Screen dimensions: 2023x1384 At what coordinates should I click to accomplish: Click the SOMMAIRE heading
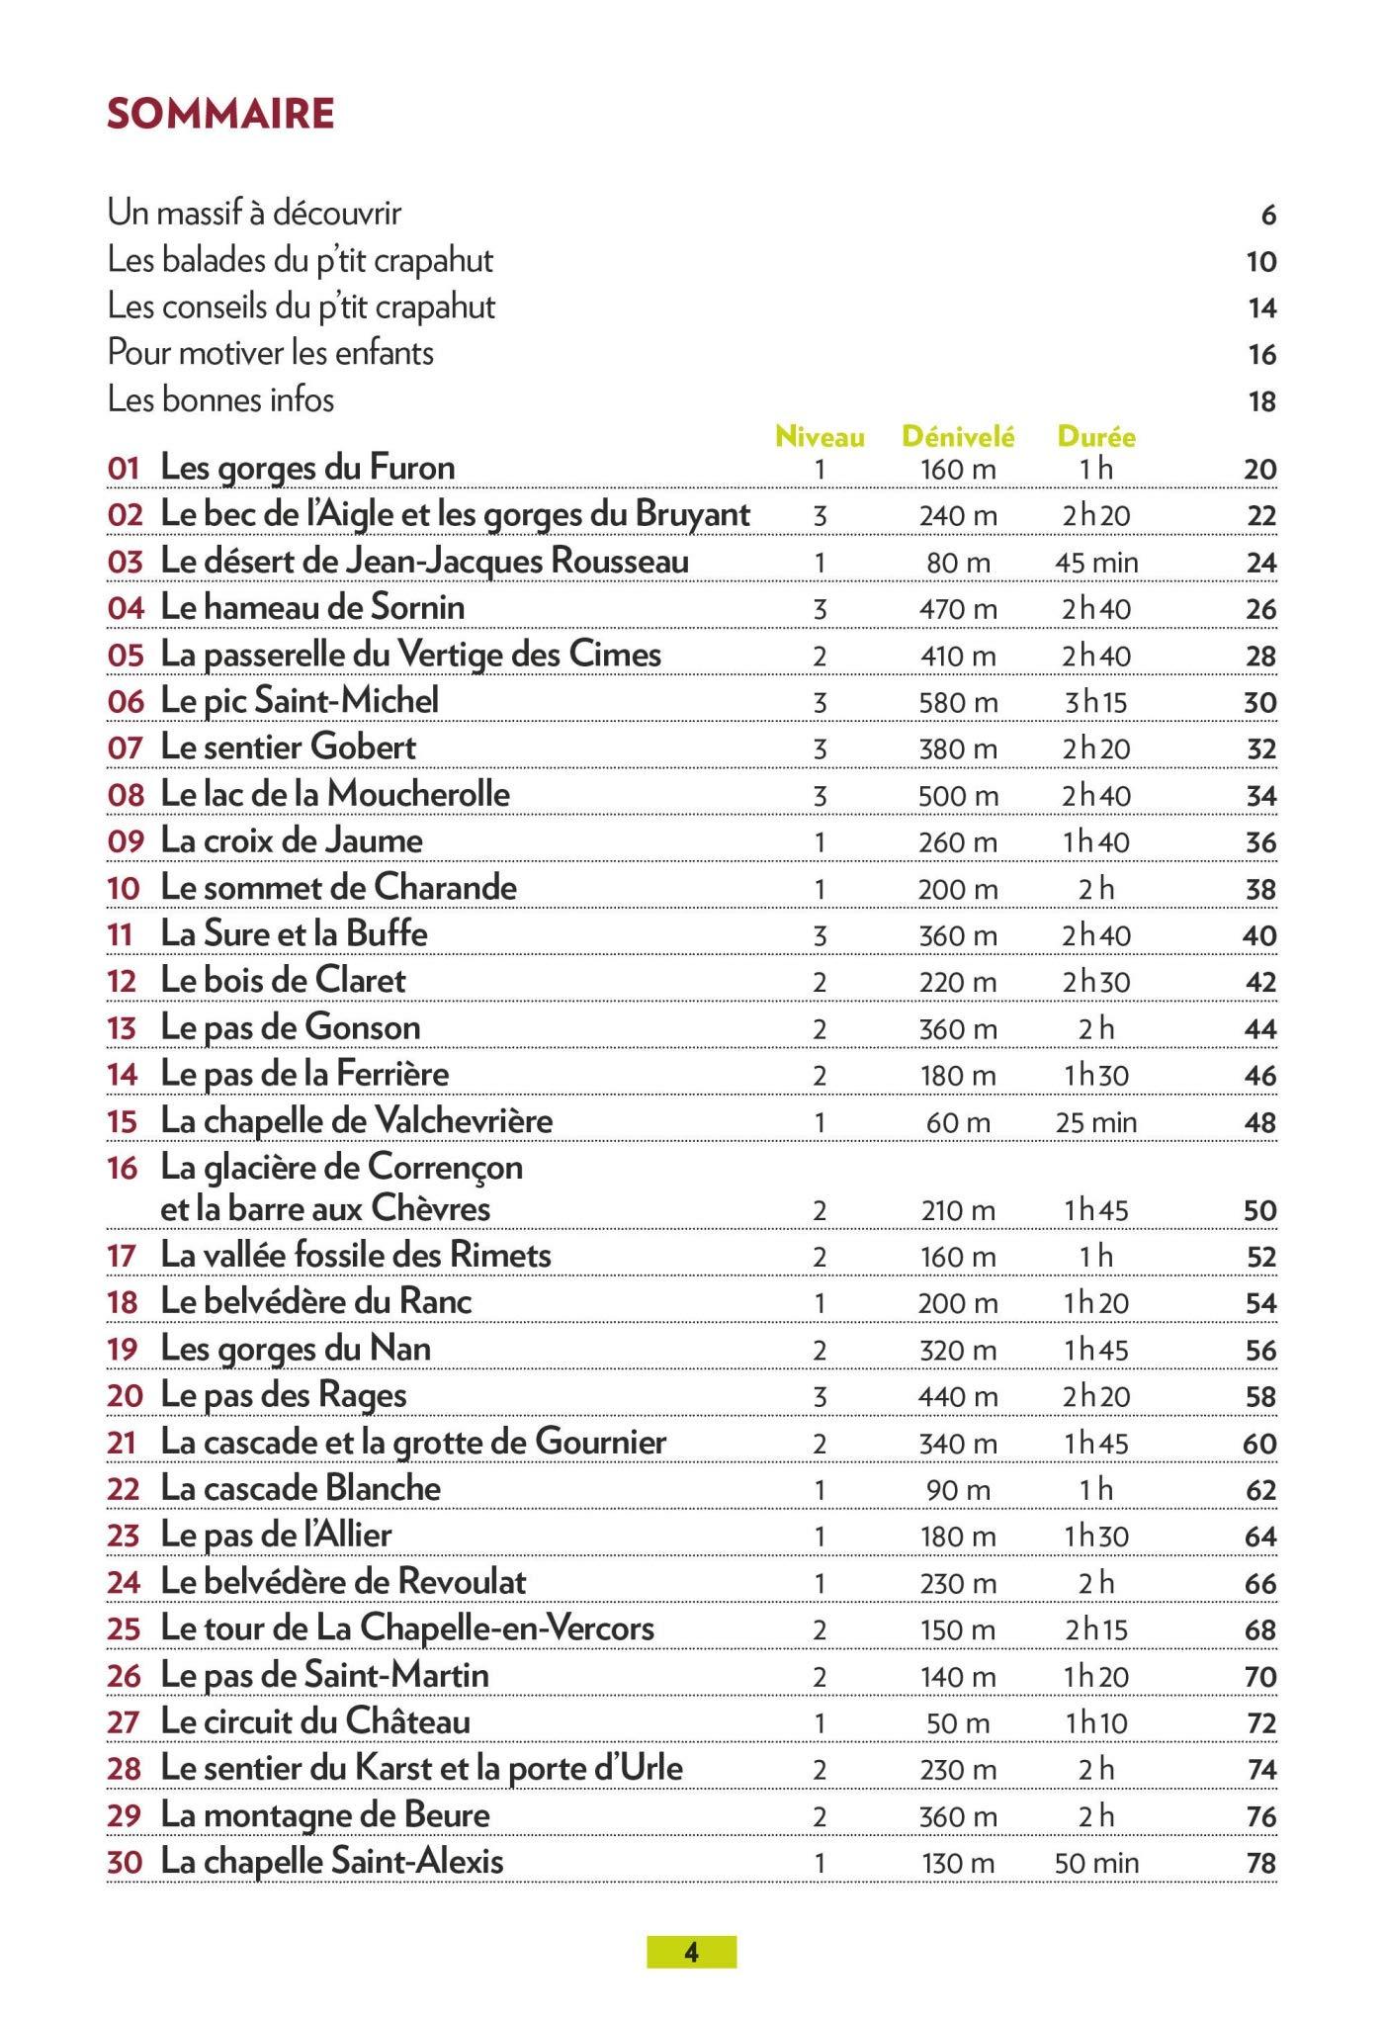click(x=220, y=115)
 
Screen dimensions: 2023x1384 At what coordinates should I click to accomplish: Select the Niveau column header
click(x=820, y=437)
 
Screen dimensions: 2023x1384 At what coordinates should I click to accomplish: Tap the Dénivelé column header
click(x=957, y=436)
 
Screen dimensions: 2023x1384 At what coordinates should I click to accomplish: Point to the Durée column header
click(x=1096, y=436)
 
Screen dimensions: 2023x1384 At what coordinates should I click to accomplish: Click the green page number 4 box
click(x=691, y=1952)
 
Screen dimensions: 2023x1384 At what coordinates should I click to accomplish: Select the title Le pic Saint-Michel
click(x=300, y=701)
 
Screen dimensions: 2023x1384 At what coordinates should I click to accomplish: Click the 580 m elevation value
click(x=957, y=703)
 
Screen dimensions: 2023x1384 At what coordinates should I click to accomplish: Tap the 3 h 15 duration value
click(x=1095, y=703)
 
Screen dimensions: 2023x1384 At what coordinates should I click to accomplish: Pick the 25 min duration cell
click(x=1095, y=1123)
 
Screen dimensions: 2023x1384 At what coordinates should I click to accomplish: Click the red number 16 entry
click(x=124, y=1169)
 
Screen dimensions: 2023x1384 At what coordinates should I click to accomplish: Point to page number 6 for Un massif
click(x=1268, y=215)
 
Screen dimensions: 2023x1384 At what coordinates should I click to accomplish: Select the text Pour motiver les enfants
click(x=271, y=353)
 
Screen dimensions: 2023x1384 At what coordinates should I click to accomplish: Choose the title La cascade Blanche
click(x=301, y=1489)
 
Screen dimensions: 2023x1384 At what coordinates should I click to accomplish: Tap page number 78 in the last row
click(x=1261, y=1864)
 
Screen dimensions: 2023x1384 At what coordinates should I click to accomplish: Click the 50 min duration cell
click(x=1095, y=1864)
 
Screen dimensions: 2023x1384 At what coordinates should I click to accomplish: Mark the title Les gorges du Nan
click(x=296, y=1349)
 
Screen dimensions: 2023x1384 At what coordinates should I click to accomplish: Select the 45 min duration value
click(x=1095, y=564)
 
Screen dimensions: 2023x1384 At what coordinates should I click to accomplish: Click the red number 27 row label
click(x=124, y=1723)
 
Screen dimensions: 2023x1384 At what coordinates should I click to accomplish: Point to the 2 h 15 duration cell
click(x=1095, y=1630)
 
